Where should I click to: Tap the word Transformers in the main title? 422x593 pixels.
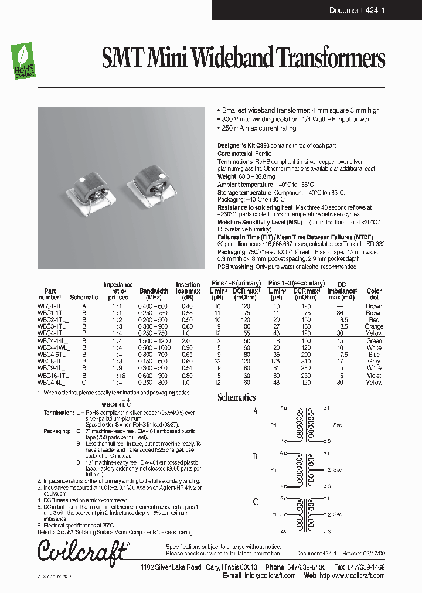click(x=331, y=59)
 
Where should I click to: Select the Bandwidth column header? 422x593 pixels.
click(x=154, y=291)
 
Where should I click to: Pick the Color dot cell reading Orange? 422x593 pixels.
click(x=374, y=326)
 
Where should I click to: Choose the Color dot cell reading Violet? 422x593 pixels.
click(x=374, y=376)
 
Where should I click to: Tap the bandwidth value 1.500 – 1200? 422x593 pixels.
click(x=154, y=340)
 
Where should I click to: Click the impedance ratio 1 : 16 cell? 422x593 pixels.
click(x=118, y=376)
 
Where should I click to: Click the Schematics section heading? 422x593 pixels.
click(x=236, y=397)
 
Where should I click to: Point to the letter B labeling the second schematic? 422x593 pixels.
click(x=255, y=457)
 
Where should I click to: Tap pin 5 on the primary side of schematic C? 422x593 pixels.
click(x=283, y=514)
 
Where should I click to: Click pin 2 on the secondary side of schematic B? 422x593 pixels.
click(x=329, y=470)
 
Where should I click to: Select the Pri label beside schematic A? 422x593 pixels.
click(x=273, y=424)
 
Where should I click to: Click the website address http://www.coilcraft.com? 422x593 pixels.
click(x=351, y=575)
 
